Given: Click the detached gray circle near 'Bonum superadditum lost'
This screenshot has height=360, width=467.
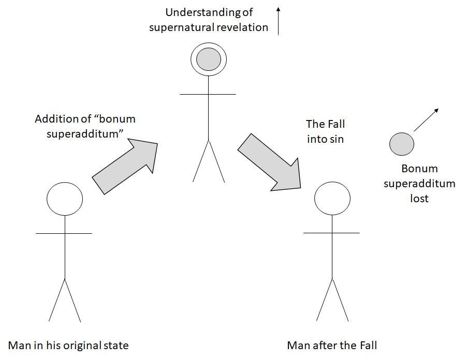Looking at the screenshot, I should [x=402, y=143].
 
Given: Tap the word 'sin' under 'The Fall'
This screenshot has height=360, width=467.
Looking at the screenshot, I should [x=335, y=139].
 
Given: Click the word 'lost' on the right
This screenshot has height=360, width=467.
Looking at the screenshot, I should [x=419, y=198].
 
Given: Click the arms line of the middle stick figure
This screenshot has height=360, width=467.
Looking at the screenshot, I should [x=208, y=94].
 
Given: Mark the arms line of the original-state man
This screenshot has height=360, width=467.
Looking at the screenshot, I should [x=64, y=233].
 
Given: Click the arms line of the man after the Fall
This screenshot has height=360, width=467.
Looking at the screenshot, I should [x=331, y=233].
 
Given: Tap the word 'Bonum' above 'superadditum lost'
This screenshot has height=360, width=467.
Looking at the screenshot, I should [x=419, y=169].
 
